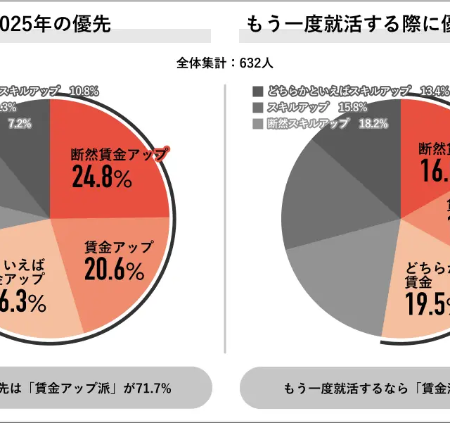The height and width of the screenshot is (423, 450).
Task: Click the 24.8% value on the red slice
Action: [102, 178]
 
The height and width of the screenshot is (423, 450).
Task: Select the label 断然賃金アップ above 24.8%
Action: [119, 154]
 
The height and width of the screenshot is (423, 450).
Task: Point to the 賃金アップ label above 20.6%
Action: [117, 247]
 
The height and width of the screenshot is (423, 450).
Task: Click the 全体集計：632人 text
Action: [224, 63]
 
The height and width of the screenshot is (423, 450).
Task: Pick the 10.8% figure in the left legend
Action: [84, 91]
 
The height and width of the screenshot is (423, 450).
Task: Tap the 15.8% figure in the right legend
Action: [352, 107]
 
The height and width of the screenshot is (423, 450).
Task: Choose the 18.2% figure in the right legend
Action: [373, 123]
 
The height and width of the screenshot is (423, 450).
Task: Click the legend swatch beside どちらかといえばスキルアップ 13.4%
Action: [257, 91]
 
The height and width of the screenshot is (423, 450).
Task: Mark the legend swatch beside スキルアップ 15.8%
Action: [257, 107]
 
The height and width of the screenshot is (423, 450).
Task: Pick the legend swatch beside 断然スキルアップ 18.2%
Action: [257, 123]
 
